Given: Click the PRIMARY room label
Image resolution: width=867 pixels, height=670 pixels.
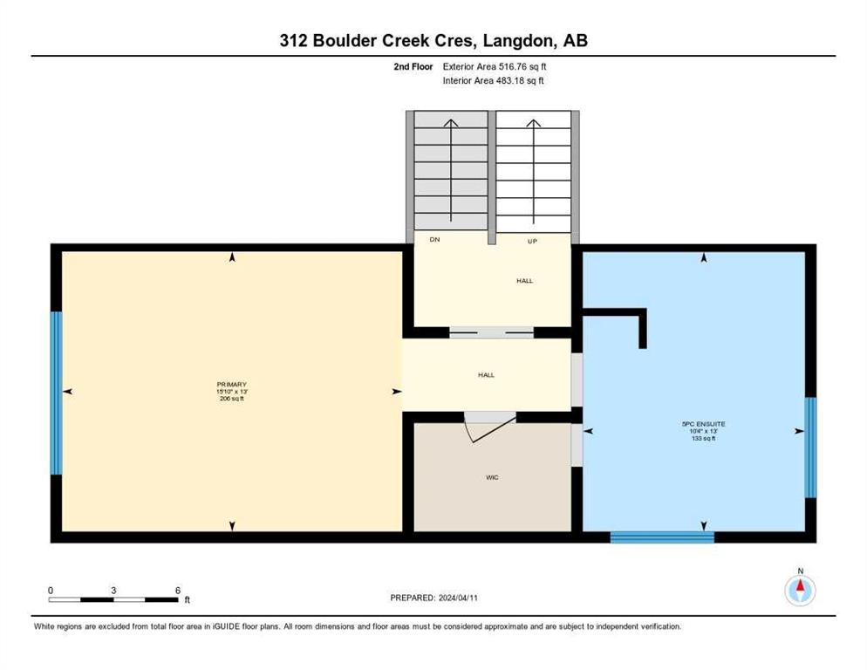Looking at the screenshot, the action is point(232,385).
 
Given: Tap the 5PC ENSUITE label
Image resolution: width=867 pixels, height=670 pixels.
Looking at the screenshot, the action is point(703,424).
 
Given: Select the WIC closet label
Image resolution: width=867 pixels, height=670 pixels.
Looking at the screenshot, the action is point(492,477).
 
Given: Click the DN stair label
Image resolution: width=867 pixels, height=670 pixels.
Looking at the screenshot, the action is point(434,240).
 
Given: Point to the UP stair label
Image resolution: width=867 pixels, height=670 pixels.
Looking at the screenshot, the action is point(532,242).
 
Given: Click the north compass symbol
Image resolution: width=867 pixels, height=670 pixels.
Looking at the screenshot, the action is point(800,590).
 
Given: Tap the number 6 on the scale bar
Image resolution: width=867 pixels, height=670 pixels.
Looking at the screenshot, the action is point(178,591).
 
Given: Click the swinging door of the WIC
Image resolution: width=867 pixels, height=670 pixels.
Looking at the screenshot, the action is point(491,428).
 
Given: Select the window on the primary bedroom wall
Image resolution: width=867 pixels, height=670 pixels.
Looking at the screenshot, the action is point(56,393).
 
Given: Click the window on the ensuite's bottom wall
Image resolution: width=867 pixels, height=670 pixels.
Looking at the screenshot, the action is point(662,537).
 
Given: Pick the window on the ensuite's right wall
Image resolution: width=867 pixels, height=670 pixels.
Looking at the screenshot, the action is point(810,448).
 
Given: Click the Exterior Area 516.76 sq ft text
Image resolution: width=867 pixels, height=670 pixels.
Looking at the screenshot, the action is point(495,66).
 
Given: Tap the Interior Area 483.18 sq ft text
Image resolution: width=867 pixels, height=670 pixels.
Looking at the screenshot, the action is point(493,81).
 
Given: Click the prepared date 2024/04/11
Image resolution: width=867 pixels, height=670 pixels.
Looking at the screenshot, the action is point(458,598).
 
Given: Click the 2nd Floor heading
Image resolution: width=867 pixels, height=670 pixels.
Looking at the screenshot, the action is point(413,66).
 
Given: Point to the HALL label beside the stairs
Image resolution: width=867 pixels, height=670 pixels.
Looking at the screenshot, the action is point(525,281).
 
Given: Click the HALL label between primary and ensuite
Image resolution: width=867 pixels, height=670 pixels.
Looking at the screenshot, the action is point(486,375).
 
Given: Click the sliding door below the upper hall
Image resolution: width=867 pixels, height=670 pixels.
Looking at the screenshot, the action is point(491,332).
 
